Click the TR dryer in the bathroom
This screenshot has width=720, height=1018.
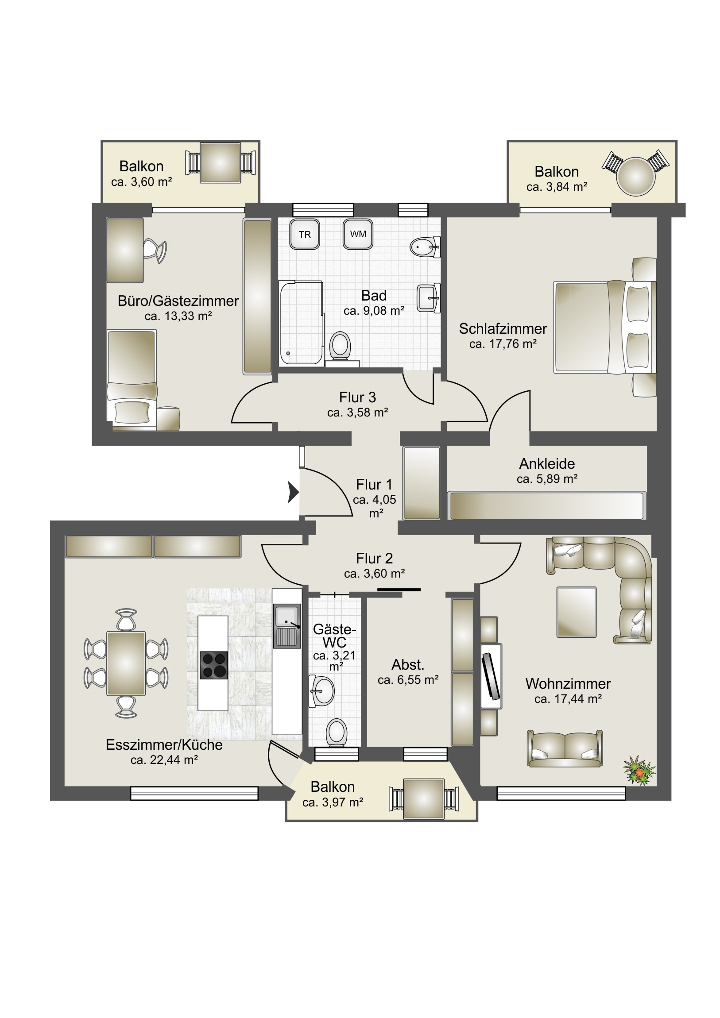tap(304, 234)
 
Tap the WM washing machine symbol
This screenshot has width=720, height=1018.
tap(357, 234)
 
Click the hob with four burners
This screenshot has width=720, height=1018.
tap(214, 665)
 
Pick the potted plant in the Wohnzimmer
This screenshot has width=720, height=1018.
tap(639, 770)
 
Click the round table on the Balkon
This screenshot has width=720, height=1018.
tap(636, 177)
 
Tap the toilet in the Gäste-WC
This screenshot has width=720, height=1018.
tap(336, 733)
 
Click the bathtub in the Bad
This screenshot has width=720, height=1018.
tap(301, 323)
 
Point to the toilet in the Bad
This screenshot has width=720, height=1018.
tap(341, 347)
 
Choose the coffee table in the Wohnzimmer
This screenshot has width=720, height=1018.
tap(576, 612)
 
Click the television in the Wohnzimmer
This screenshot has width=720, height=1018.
tap(492, 676)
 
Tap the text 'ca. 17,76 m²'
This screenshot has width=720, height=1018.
tap(503, 343)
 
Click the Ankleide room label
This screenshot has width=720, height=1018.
tap(547, 464)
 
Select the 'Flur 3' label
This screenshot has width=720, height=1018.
tap(357, 397)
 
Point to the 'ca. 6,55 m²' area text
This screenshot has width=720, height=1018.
tap(408, 680)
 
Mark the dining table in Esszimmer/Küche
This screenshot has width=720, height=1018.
tap(126, 663)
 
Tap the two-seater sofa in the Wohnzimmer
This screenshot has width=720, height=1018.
tap(565, 748)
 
